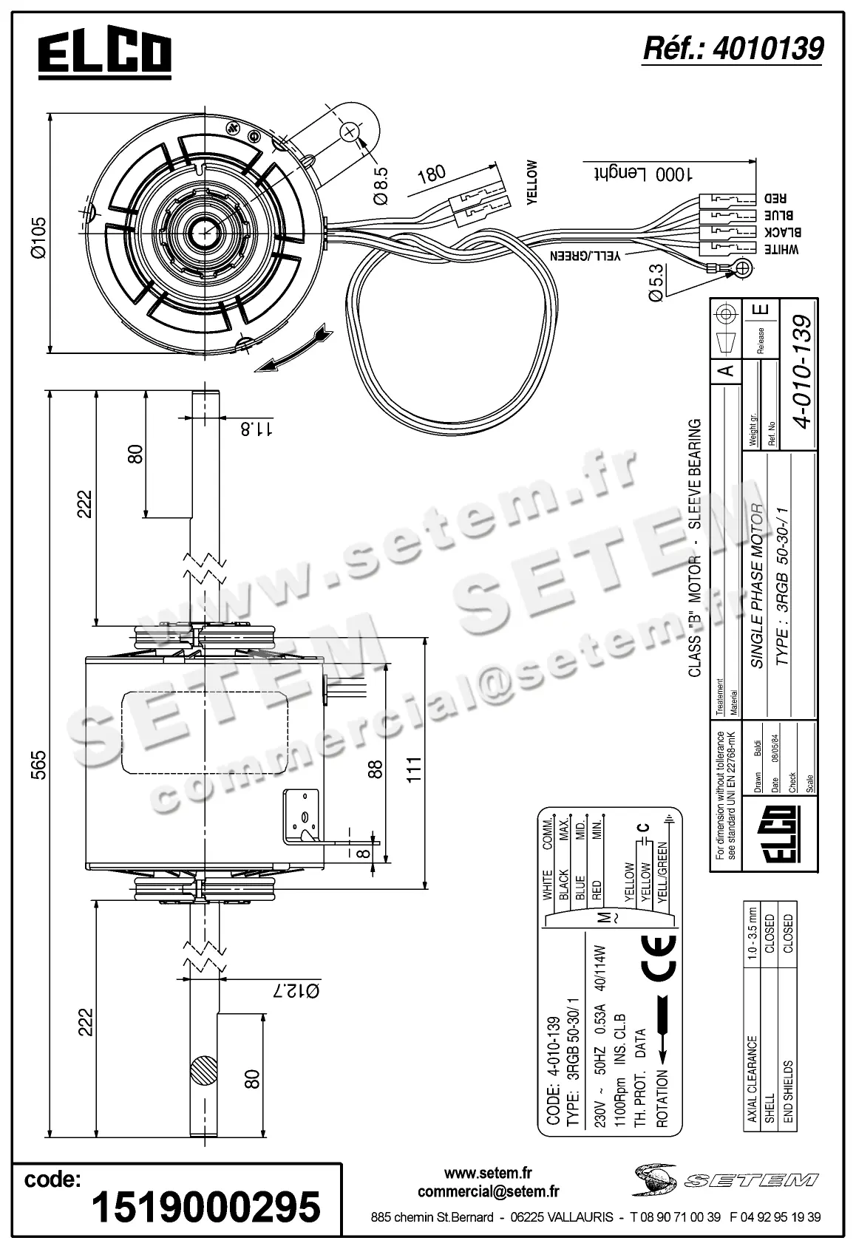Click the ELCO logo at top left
tap(104, 54)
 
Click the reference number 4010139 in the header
tap(733, 49)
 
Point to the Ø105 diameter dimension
tap(38, 236)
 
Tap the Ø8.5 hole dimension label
tap(381, 186)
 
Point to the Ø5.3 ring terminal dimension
tap(657, 282)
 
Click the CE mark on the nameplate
tap(654, 960)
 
